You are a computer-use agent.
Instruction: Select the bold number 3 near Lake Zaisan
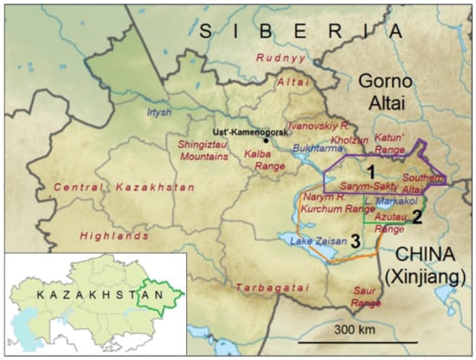click(354, 238)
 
